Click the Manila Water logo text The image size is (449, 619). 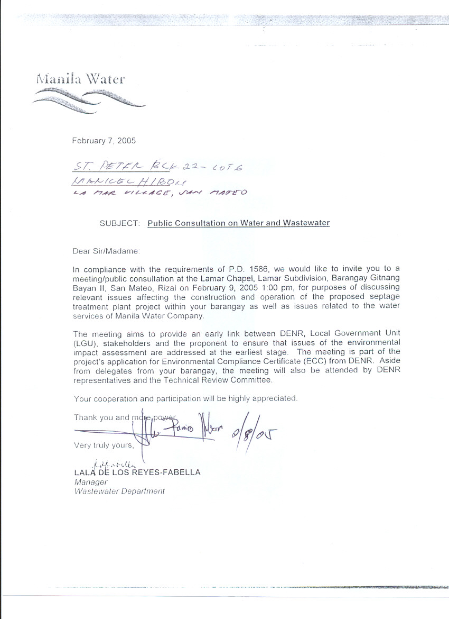click(80, 79)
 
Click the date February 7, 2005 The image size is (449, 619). click(104, 141)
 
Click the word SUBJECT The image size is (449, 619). click(120, 223)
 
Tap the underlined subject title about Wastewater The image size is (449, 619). click(238, 223)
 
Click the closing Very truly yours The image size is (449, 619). click(104, 445)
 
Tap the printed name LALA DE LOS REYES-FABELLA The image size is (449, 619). click(137, 472)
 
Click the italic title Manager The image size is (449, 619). click(90, 482)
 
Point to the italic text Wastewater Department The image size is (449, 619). click(119, 491)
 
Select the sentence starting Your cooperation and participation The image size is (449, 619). click(185, 398)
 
